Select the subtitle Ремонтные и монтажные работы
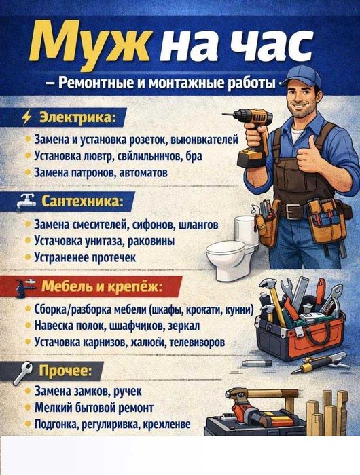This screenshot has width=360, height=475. (166, 84)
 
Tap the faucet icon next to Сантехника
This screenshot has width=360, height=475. (26, 202)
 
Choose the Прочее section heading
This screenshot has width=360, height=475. (71, 370)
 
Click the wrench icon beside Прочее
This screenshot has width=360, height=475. (26, 370)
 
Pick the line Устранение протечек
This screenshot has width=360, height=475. (85, 258)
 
